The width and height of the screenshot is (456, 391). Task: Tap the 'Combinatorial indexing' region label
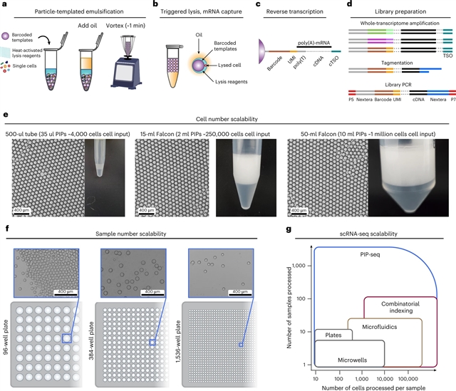click(x=401, y=308)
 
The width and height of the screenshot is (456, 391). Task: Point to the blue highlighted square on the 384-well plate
click(x=151, y=343)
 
